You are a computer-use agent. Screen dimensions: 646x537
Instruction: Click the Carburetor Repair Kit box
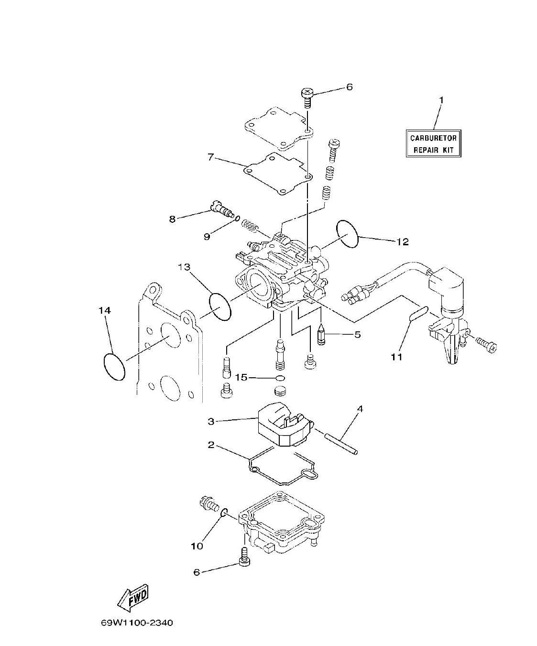[433, 143]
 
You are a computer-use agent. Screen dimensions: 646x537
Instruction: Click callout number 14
[105, 310]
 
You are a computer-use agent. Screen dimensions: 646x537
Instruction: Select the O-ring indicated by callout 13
[220, 307]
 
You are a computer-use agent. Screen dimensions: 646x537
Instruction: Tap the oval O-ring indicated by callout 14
[114, 367]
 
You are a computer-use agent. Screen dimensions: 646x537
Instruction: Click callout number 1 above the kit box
[441, 100]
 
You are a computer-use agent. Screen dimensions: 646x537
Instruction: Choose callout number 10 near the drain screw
[197, 546]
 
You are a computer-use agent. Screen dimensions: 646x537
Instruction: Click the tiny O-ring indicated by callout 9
[237, 219]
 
